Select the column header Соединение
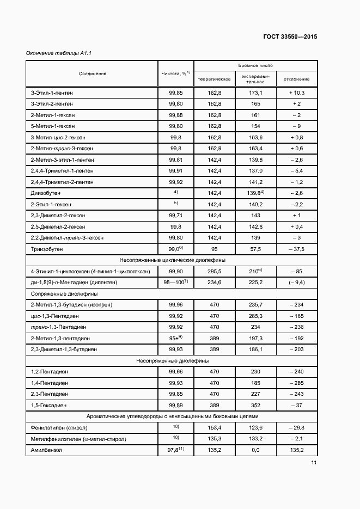[x=92, y=73]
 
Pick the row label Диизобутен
[x=45, y=193]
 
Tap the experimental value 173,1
[x=255, y=93]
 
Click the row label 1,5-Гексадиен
[x=49, y=405]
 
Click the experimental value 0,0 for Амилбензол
[x=255, y=450]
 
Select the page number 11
[x=314, y=463]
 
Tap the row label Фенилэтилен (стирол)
[x=59, y=427]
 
